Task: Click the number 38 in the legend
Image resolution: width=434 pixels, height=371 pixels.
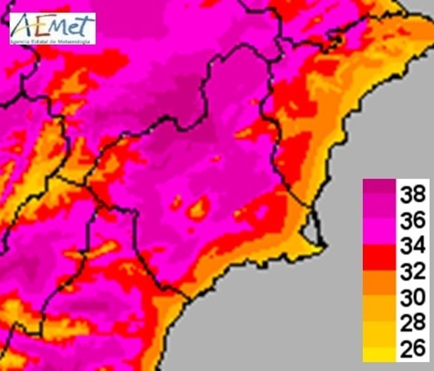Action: [413, 195]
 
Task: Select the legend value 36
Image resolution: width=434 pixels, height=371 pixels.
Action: [413, 221]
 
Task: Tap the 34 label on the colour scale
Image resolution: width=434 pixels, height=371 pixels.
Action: [413, 247]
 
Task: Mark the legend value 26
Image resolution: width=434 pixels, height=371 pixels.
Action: [413, 350]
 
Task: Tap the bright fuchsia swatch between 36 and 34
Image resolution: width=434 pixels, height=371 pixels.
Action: [379, 235]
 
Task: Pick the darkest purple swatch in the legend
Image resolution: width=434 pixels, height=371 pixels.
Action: [379, 186]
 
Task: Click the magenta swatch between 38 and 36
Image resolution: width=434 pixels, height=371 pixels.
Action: [379, 209]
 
